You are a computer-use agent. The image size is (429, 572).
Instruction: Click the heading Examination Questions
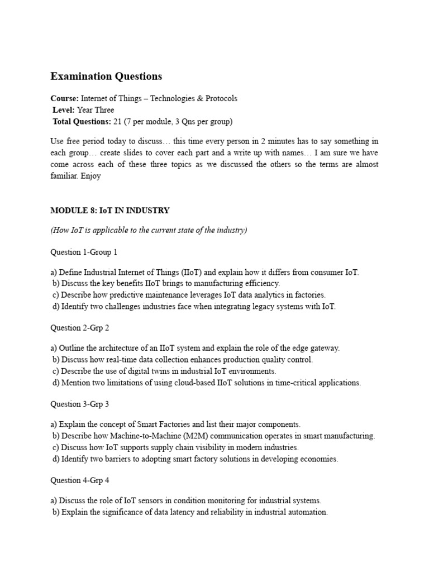(x=106, y=76)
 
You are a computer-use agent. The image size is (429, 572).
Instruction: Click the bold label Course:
(x=64, y=98)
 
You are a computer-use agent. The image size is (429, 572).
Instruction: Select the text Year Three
(x=96, y=110)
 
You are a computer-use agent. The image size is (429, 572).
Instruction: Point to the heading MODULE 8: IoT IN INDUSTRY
(x=109, y=211)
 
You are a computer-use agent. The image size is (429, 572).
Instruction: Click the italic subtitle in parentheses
(x=149, y=230)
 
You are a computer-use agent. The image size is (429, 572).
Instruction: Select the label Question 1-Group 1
(x=84, y=252)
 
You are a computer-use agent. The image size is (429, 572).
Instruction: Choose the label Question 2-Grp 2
(x=80, y=328)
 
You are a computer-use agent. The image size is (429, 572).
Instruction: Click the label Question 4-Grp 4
(x=80, y=480)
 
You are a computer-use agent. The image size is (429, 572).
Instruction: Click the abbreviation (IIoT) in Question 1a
(x=189, y=272)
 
